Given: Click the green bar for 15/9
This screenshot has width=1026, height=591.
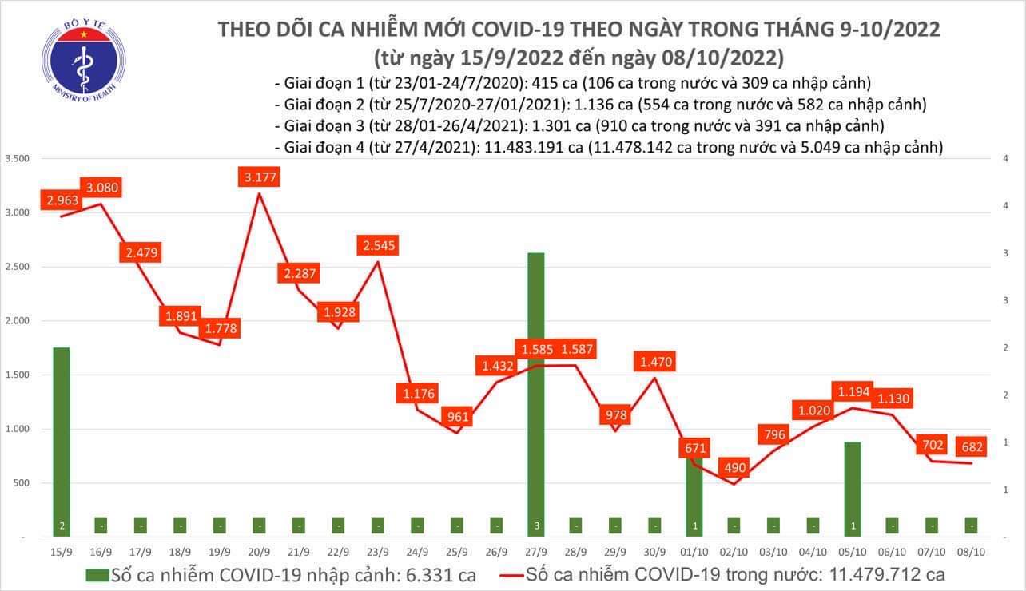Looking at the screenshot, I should (61, 439).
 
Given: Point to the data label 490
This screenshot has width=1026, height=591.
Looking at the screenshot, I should (734, 467).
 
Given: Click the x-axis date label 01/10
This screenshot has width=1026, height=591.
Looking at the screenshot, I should (694, 550).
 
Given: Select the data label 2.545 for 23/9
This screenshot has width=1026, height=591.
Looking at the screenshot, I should (378, 244).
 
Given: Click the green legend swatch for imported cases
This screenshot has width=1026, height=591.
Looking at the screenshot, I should (97, 573).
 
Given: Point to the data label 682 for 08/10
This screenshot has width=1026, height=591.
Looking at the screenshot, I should (972, 444).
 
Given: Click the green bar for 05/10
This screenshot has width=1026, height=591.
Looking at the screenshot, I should (852, 487).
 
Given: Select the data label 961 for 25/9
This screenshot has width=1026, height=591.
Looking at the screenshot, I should (458, 416).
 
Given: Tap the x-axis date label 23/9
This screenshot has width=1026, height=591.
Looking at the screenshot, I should (378, 550).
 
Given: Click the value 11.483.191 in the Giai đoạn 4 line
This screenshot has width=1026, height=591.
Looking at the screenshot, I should (519, 147).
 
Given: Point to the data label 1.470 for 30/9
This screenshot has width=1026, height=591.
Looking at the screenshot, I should (654, 362).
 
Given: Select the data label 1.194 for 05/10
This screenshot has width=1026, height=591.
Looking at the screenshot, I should (853, 391).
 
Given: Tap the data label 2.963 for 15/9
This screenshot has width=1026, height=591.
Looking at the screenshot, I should (62, 200).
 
